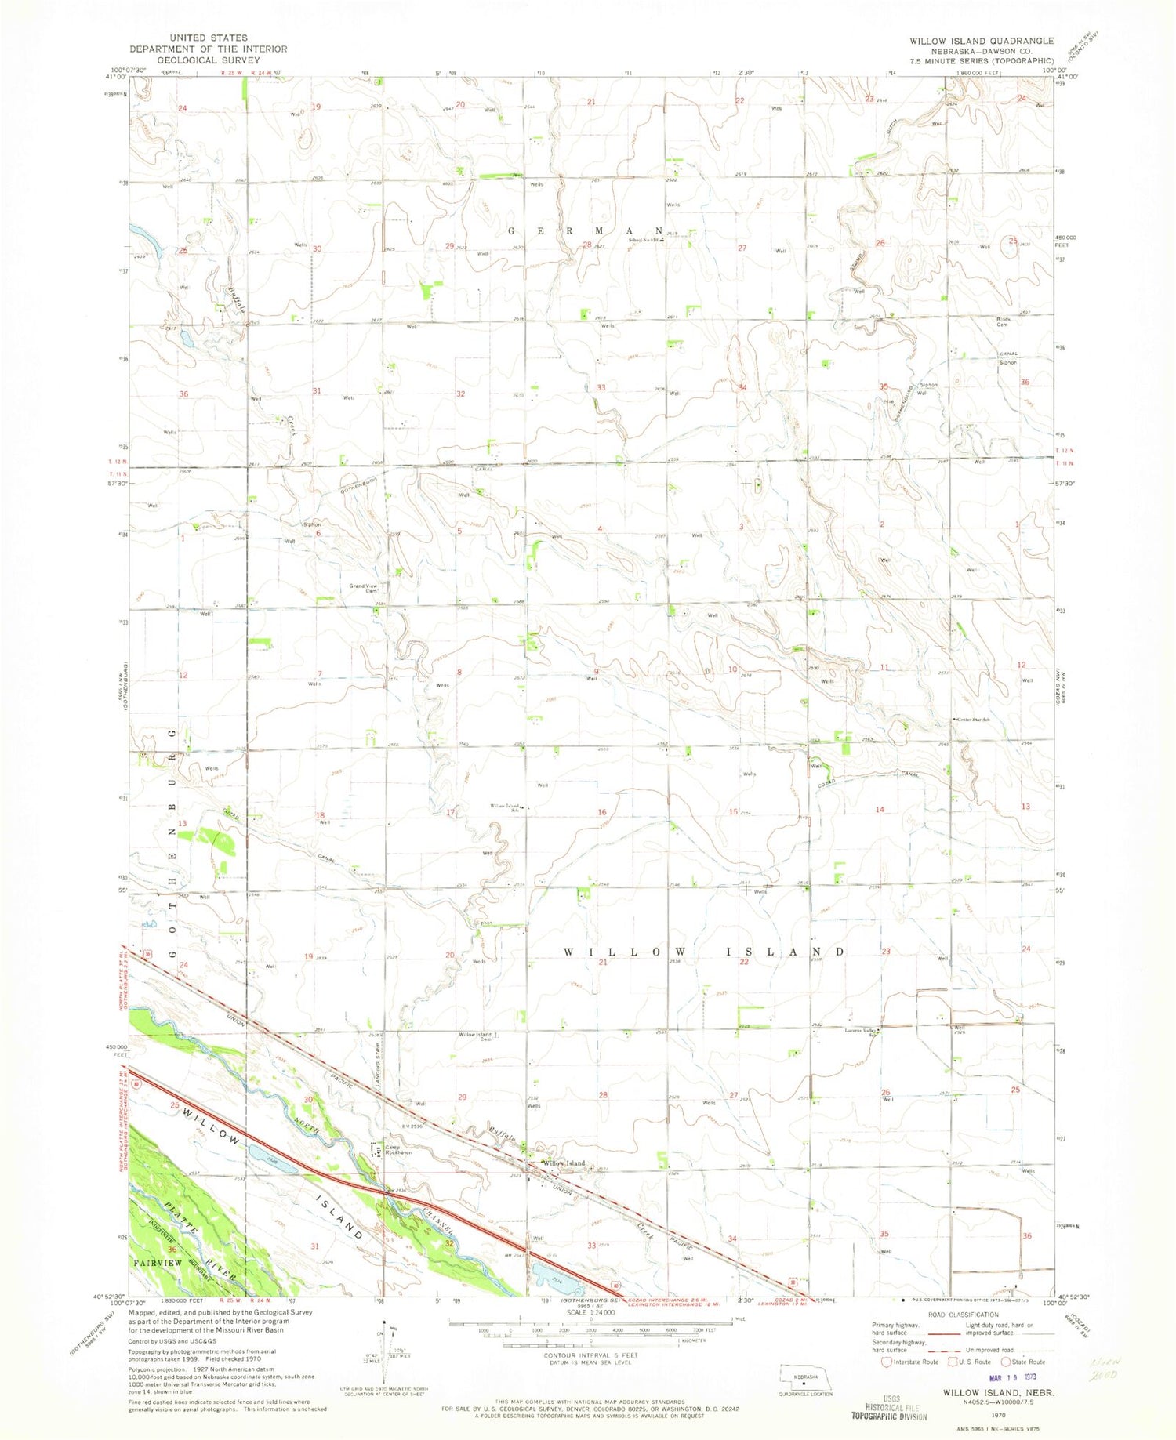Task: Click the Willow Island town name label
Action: pos(564,1163)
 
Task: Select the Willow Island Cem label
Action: pos(475,1037)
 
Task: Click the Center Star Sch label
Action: pos(971,719)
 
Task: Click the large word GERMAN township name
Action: pos(588,231)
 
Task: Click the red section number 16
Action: pos(601,812)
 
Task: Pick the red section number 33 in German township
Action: pos(601,387)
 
